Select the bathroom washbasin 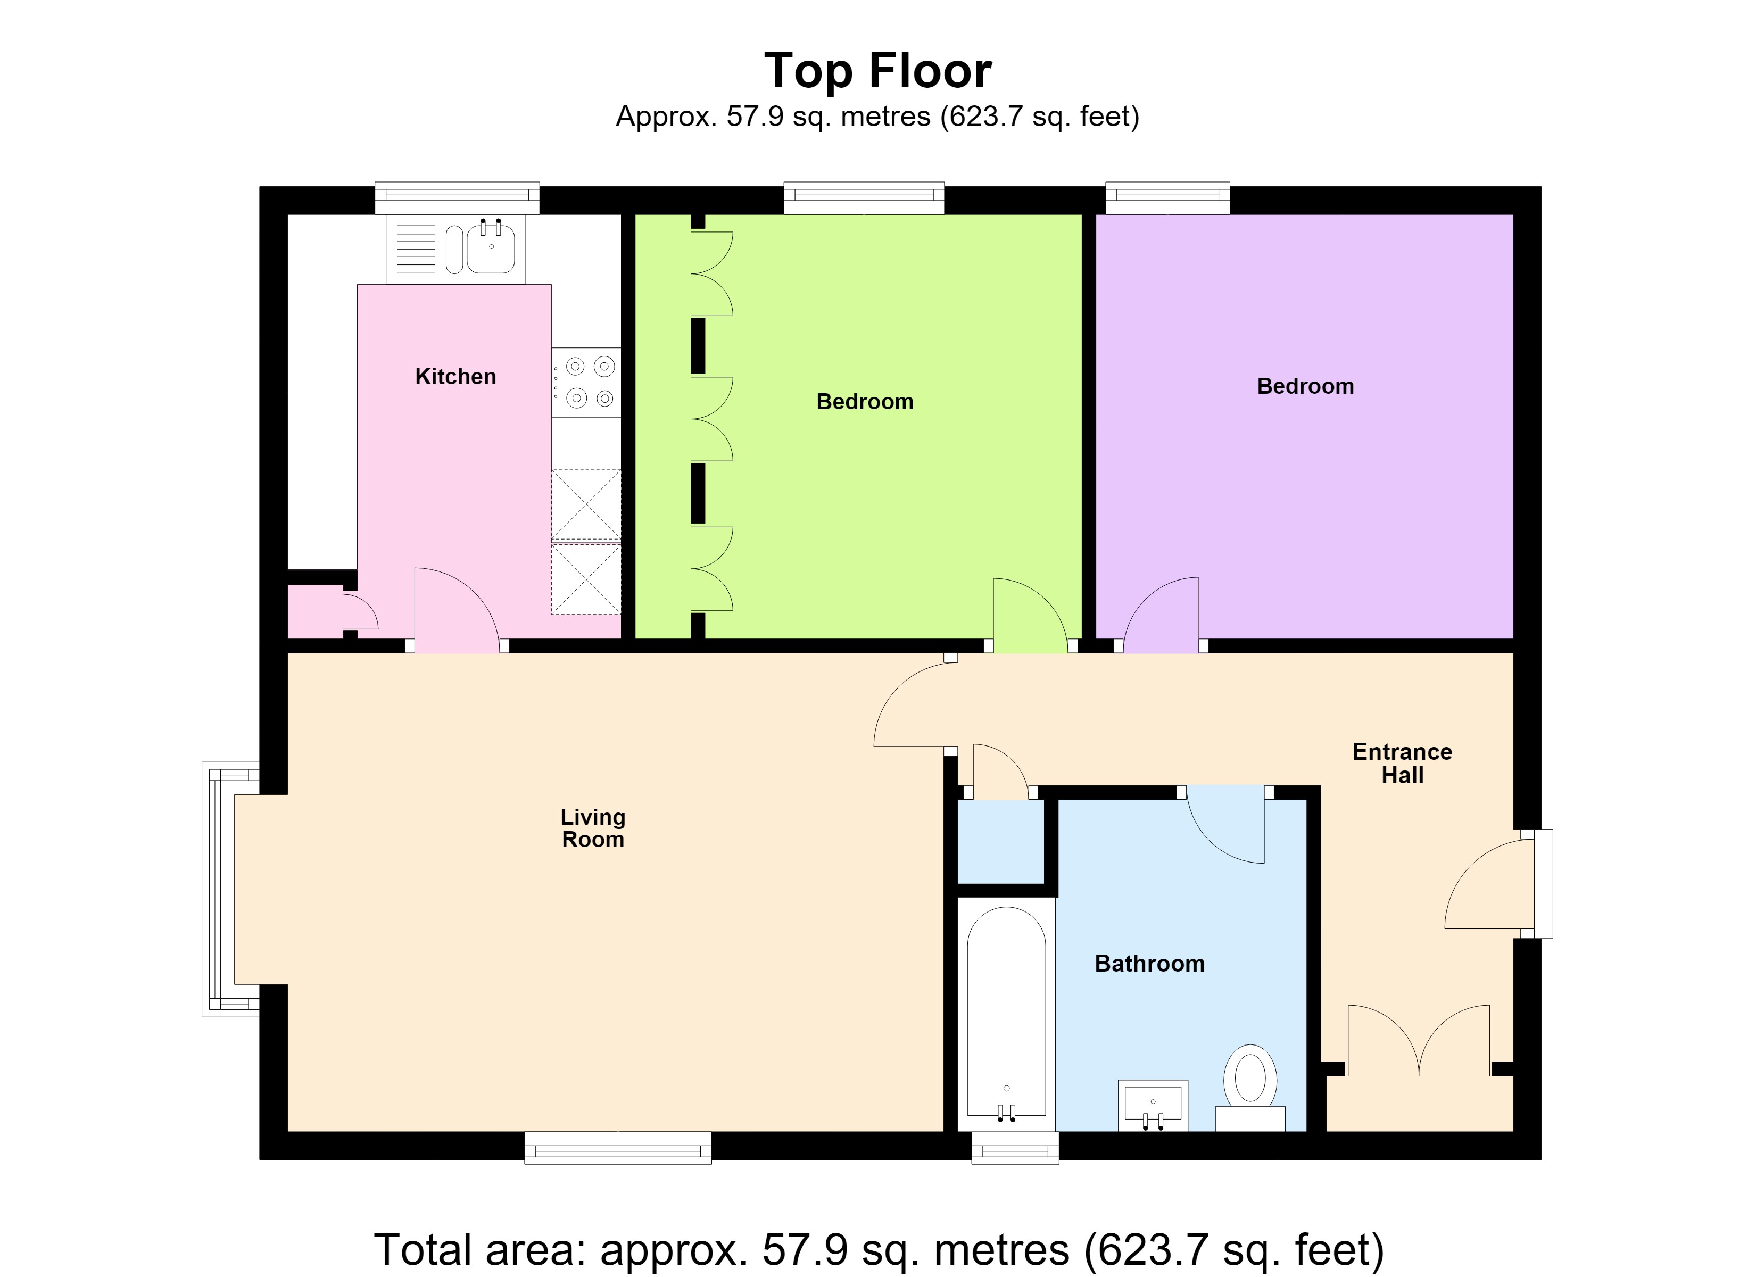(1153, 1105)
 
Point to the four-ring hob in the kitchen (586, 383)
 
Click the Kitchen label (455, 376)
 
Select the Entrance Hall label (1402, 763)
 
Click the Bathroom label (1150, 964)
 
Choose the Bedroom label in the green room (865, 401)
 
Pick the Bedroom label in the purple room (1305, 386)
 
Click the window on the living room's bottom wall (618, 1148)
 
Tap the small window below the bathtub (1016, 1148)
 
